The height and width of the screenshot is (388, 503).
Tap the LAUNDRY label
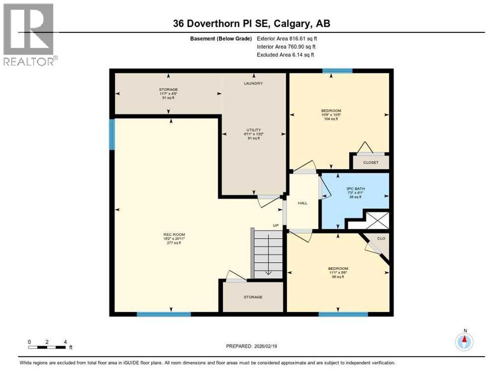[253, 83]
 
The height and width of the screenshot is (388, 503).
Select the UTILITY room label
[253, 130]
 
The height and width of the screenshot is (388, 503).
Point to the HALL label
[303, 202]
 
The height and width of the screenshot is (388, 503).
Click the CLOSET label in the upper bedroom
[370, 163]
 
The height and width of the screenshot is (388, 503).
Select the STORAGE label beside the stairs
[253, 297]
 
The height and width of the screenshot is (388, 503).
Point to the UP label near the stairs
[276, 225]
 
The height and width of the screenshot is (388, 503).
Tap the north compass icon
[464, 342]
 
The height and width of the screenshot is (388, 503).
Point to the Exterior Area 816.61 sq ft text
[287, 38]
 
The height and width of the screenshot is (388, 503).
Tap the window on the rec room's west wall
[112, 134]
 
